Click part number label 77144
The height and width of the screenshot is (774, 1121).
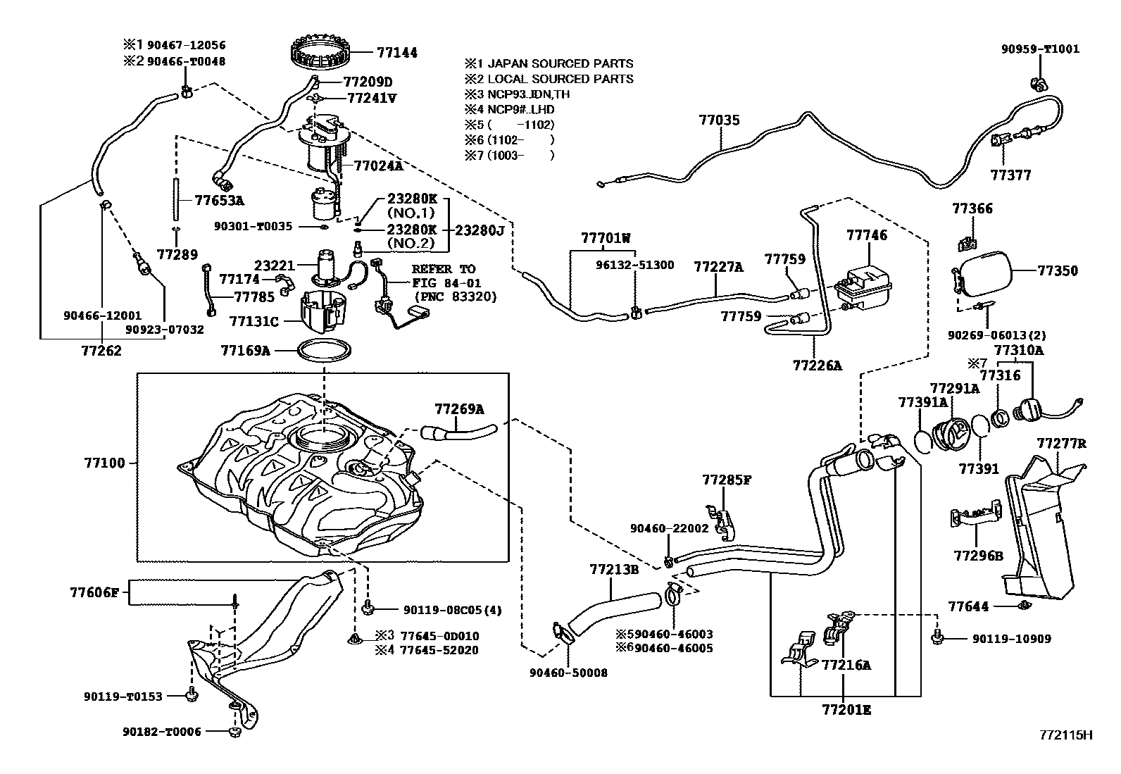[x=396, y=52]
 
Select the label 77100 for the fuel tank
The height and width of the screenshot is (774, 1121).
[x=104, y=463]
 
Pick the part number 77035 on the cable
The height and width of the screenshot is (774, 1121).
[x=719, y=120]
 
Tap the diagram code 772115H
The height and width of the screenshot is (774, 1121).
[x=1065, y=735]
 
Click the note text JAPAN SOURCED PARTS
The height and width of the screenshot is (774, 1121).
[x=560, y=63]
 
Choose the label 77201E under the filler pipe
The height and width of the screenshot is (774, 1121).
[x=846, y=710]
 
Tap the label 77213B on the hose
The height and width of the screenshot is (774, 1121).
[x=613, y=569]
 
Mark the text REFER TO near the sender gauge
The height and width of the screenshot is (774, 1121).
[x=443, y=269]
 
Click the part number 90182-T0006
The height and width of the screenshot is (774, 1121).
[x=161, y=732]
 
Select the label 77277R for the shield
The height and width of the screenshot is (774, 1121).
[x=1060, y=443]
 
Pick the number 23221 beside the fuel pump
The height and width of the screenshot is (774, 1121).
[x=274, y=266]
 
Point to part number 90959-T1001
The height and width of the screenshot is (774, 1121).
[x=1040, y=49]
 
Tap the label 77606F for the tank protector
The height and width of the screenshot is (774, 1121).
[x=94, y=592]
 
